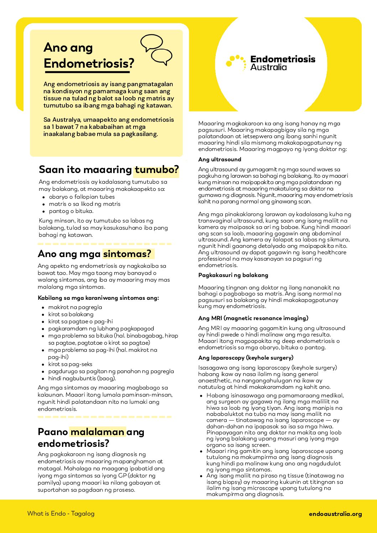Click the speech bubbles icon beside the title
click(x=156, y=49)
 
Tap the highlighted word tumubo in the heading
click(x=156, y=169)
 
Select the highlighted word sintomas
click(x=127, y=254)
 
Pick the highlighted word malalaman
click(x=97, y=432)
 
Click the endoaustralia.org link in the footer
click(x=335, y=514)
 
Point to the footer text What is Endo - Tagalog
click(x=61, y=513)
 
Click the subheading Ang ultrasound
click(x=220, y=160)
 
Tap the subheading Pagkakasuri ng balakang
click(x=233, y=275)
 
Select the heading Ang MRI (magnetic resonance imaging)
click(x=253, y=318)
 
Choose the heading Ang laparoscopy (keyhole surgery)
click(x=246, y=358)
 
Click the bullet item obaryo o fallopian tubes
click(x=82, y=197)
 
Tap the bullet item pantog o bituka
click(x=71, y=211)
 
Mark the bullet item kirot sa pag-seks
click(x=70, y=364)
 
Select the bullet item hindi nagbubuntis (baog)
click(x=82, y=378)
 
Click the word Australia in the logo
click(x=268, y=67)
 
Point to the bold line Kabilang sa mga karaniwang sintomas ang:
click(x=98, y=298)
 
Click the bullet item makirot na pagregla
click(x=75, y=307)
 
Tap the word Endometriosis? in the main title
click(x=89, y=63)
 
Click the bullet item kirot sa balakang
click(x=71, y=314)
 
